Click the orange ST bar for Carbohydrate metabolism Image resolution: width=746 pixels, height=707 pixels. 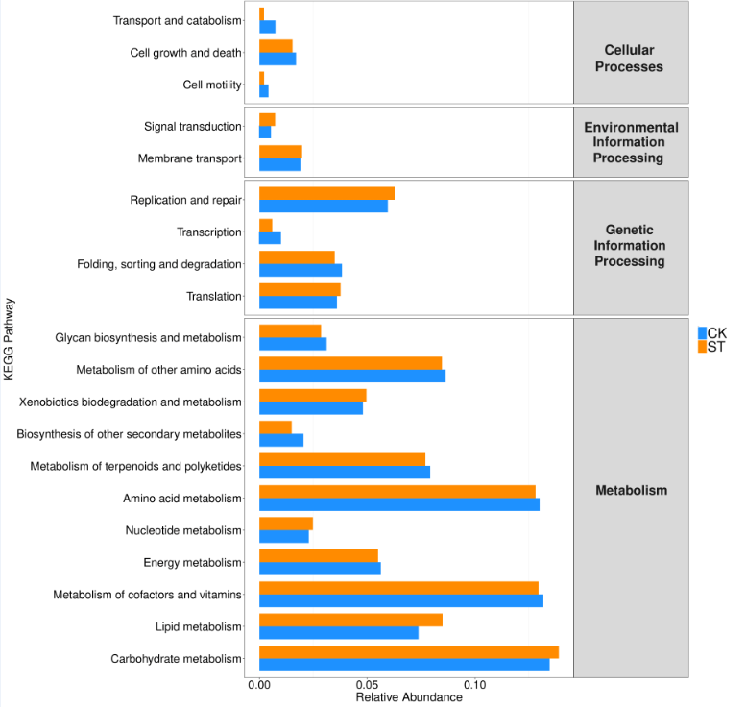[x=408, y=652]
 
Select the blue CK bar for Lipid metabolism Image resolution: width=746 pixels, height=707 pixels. [x=338, y=632]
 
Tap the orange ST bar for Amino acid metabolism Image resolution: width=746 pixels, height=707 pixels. [x=397, y=492]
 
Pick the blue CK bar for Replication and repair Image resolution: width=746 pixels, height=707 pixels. [x=323, y=206]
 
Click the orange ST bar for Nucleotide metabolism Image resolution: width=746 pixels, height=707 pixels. [x=285, y=524]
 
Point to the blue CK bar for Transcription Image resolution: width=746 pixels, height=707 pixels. [x=270, y=237]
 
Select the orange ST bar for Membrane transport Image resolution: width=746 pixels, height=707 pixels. [x=280, y=152]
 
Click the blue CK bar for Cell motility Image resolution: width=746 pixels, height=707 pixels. [x=263, y=90]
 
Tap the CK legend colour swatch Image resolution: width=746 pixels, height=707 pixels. [x=702, y=332]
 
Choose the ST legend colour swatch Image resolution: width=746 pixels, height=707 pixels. [x=702, y=347]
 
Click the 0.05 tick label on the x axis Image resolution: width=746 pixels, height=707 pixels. [x=367, y=685]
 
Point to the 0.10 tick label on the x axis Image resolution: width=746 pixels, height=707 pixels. [x=475, y=685]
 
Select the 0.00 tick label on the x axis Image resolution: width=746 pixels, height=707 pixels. [x=259, y=685]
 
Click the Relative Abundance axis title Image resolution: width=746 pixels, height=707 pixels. [x=409, y=697]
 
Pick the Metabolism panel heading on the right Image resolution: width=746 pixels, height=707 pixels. [x=631, y=490]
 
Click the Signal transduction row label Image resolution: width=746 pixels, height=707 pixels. [x=193, y=126]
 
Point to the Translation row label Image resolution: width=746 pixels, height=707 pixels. [x=214, y=296]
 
